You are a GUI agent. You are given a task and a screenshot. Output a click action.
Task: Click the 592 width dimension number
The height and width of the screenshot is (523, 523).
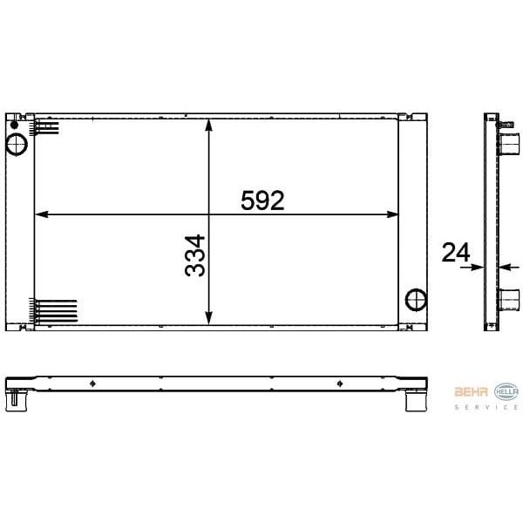click(262, 200)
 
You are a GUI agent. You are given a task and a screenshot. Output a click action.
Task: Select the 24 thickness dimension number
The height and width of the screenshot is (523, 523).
click(456, 253)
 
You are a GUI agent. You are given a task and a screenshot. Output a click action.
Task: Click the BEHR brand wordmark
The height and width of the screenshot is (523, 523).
click(472, 391)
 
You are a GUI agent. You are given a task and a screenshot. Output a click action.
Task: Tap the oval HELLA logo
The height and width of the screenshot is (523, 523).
click(506, 391)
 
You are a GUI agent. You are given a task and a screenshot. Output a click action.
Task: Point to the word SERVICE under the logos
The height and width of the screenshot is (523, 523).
click(487, 408)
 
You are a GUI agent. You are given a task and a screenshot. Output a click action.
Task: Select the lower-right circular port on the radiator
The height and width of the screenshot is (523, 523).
click(417, 299)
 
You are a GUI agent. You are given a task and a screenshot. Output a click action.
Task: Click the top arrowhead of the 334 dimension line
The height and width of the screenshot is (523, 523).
click(208, 123)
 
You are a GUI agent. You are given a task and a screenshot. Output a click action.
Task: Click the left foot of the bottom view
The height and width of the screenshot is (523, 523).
click(16, 402)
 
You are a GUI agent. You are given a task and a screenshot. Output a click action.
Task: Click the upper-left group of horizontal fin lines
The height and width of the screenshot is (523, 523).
click(46, 128)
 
